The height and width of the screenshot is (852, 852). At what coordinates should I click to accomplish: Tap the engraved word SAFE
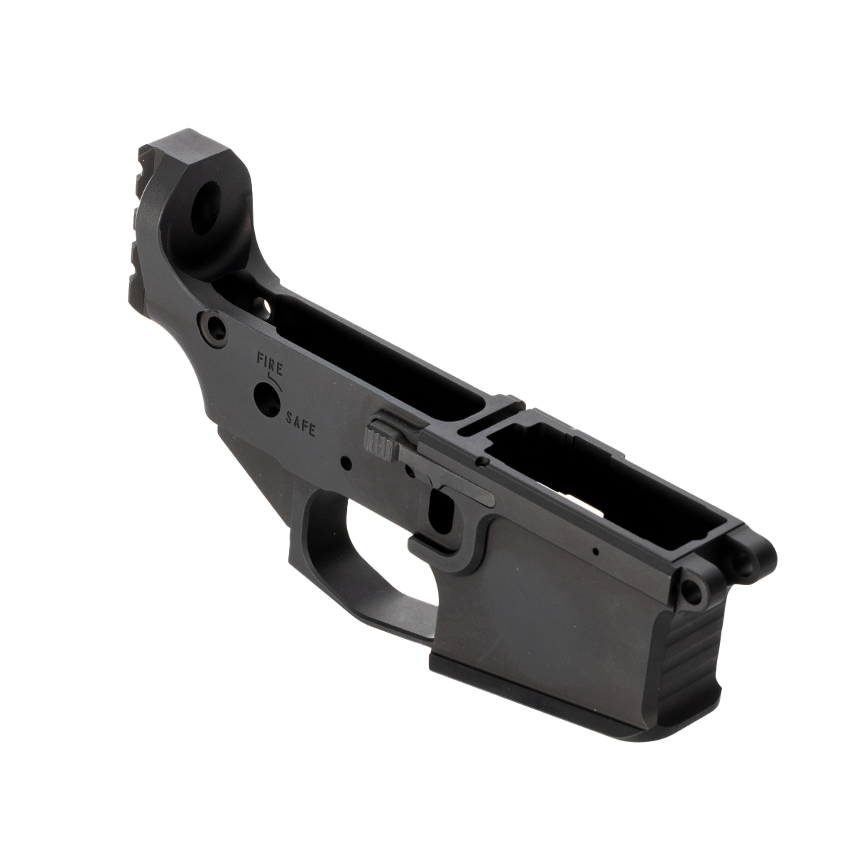tap(300, 424)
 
